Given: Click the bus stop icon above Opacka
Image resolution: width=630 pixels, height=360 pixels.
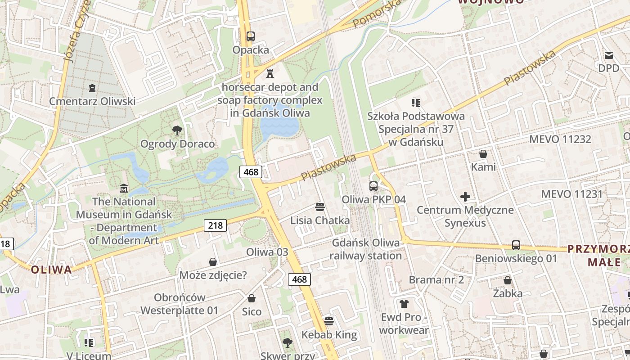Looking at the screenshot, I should pos(250,36).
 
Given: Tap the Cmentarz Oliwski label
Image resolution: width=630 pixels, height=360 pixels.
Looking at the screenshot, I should pos(92,101).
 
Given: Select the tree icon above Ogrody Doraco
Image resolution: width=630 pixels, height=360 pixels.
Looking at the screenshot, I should pos(177,130).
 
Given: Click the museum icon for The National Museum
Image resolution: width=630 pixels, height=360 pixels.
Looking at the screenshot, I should pos(124,188).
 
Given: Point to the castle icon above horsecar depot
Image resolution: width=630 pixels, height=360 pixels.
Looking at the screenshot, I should pos(270,73).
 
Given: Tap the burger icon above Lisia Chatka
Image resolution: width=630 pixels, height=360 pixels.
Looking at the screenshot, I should pos(320,207).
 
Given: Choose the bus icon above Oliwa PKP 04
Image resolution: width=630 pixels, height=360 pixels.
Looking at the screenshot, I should pos(373,186).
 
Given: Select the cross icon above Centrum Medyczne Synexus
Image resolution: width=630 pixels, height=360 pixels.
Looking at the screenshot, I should pos(465,197).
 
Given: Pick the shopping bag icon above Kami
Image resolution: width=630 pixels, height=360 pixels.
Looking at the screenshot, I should pos(483,154).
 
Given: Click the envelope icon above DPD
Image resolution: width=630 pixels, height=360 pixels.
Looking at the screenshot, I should pos(609,55).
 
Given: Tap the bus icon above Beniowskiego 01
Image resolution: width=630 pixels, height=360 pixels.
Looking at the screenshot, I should pos(516,245).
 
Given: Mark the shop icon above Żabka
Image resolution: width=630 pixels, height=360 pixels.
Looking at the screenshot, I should pos(508,280).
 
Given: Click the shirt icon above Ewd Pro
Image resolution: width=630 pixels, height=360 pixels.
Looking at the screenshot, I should pos(404,304).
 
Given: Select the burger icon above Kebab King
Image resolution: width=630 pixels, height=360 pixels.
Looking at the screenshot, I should pos(329,321).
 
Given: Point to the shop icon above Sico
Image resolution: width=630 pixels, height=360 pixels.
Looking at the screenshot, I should pos(252,298).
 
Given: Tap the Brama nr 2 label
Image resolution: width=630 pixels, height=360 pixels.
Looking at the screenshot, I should pos(436,279).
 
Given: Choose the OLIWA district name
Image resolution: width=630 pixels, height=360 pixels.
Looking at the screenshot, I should pos(51,270).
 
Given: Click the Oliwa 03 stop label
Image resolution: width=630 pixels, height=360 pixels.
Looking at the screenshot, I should pos(267,252).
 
